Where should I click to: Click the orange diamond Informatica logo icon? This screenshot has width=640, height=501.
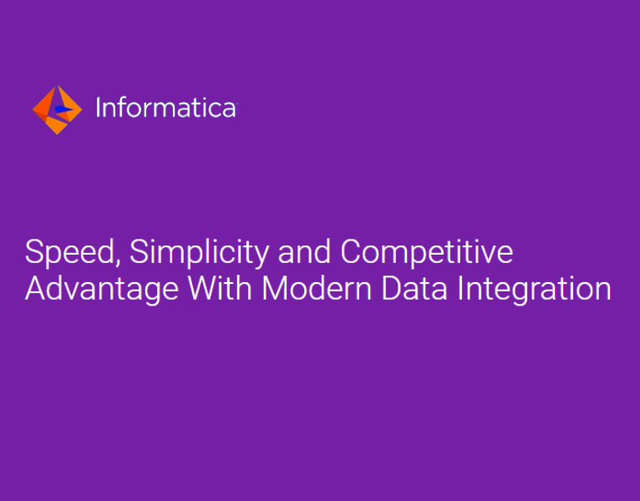click(x=57, y=109)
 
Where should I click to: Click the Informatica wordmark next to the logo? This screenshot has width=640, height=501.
click(x=165, y=108)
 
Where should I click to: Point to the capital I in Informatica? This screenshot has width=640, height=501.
click(x=99, y=108)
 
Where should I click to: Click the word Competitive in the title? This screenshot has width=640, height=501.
click(x=426, y=252)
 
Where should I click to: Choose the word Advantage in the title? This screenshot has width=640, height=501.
click(x=101, y=290)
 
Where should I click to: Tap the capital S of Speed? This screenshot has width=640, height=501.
click(x=34, y=252)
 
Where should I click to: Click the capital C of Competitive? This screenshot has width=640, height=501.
click(x=351, y=252)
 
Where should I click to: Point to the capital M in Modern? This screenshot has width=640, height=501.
click(x=277, y=288)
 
